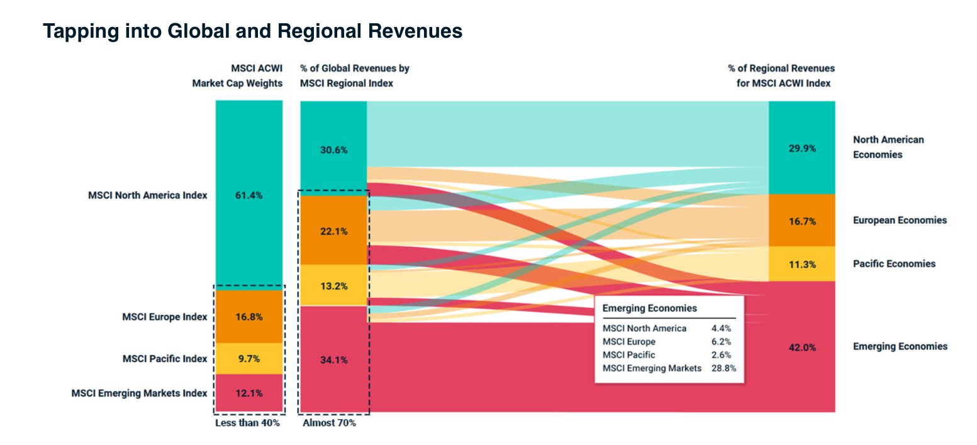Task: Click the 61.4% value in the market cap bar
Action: [249, 195]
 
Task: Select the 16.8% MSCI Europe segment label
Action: [249, 317]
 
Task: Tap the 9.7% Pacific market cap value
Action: [249, 359]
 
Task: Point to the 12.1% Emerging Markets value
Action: [249, 393]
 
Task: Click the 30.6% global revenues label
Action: [333, 150]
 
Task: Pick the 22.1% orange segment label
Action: [333, 231]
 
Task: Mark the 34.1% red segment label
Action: [333, 360]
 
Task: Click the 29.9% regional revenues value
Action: [802, 148]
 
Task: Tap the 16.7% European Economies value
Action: [802, 221]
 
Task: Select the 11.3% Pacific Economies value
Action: [802, 265]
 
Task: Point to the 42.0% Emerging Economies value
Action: [802, 348]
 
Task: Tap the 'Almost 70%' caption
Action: [329, 423]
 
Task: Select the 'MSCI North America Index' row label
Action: [147, 195]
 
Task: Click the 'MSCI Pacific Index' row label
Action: [164, 359]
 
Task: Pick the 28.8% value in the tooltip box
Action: [723, 368]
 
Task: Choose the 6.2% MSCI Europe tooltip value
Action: [721, 342]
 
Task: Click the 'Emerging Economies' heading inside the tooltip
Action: [649, 309]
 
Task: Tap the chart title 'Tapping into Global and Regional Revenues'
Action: [252, 31]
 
